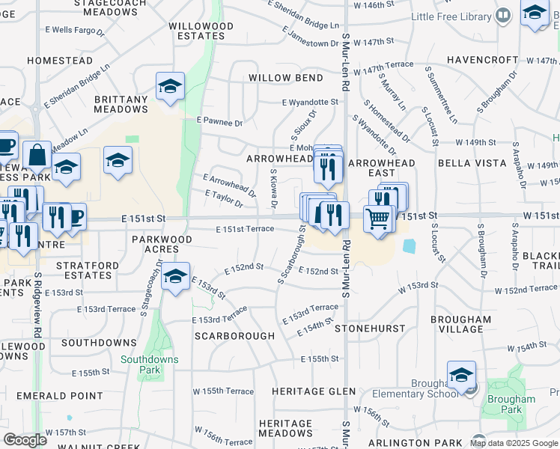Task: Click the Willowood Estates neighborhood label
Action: click(201, 31)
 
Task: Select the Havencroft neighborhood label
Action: click(482, 60)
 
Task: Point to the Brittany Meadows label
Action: click(121, 104)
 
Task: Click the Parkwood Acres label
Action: click(162, 244)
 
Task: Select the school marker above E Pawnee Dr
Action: click(171, 87)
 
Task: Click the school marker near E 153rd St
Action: click(175, 277)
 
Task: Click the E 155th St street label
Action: click(320, 359)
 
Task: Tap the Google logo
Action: click(25, 440)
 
